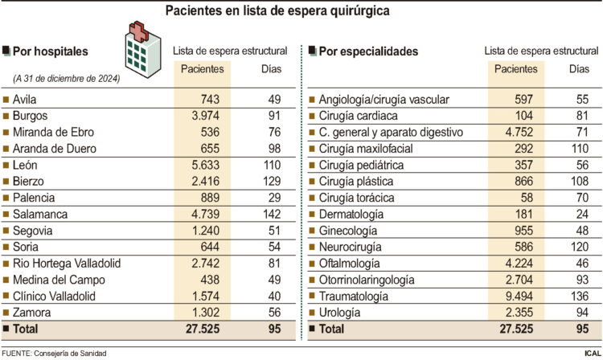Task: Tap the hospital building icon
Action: pyautogui.click(x=140, y=55)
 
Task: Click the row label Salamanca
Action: pyautogui.click(x=39, y=214)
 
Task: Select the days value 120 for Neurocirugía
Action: pyautogui.click(x=579, y=247)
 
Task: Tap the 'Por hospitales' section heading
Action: pyautogui.click(x=50, y=51)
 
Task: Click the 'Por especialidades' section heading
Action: pyautogui.click(x=368, y=51)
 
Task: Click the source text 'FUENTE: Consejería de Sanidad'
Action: pyautogui.click(x=64, y=353)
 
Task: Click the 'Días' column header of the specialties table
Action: pyautogui.click(x=579, y=69)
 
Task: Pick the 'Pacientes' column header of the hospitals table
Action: pyautogui.click(x=202, y=69)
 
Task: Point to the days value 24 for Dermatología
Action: pyautogui.click(x=579, y=214)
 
